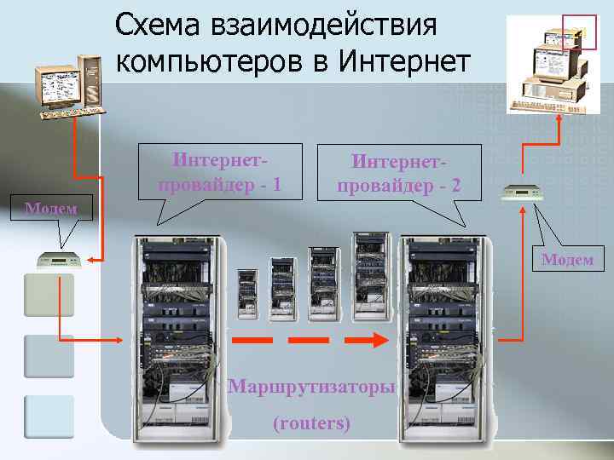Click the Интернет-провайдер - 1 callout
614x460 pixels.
(x=219, y=173)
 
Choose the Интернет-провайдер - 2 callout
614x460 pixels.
(x=399, y=173)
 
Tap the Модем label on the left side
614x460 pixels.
(x=50, y=208)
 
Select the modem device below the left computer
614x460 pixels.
(x=58, y=259)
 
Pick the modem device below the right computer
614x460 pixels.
(x=520, y=193)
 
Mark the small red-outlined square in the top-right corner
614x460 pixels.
(x=580, y=32)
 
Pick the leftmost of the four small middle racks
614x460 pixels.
(x=247, y=295)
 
